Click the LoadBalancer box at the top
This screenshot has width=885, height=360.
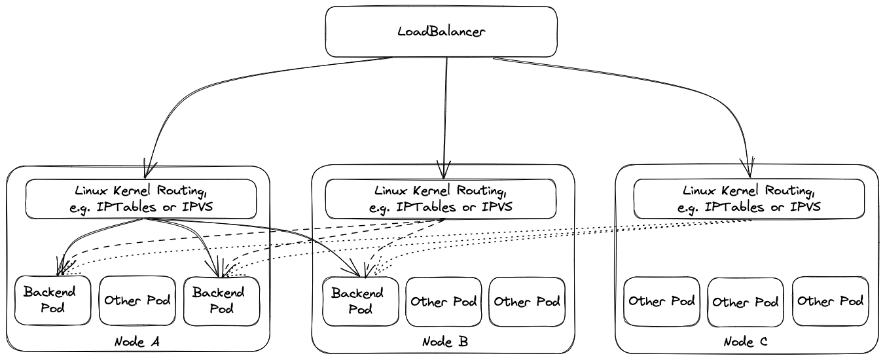click(x=442, y=32)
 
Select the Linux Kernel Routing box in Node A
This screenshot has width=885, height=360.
click(x=140, y=199)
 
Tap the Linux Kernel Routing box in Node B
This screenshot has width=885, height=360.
click(x=441, y=199)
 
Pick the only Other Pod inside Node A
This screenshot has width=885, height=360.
click(x=137, y=300)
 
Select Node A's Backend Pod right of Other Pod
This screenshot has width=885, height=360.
click(x=221, y=300)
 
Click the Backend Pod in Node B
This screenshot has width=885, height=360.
click(x=361, y=301)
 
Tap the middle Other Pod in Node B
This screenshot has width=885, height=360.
click(x=443, y=302)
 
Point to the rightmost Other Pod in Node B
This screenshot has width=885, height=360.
click(x=527, y=302)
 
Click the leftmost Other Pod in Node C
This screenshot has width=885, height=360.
click(x=661, y=302)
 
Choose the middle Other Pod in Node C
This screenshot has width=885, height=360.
click(x=746, y=302)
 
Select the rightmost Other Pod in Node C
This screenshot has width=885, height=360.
click(x=830, y=302)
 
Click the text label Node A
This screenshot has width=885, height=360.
click(x=137, y=342)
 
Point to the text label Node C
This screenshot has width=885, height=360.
click(x=746, y=342)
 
